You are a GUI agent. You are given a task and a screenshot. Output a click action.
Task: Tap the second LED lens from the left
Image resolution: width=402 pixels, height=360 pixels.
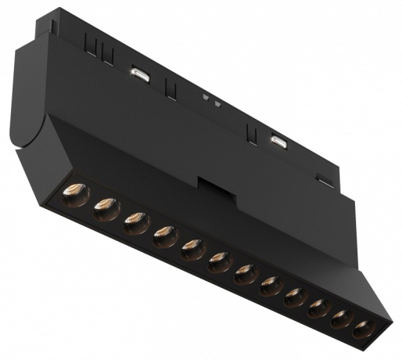106,207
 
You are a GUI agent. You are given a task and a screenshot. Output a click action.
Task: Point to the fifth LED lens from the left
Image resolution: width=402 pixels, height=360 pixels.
191,247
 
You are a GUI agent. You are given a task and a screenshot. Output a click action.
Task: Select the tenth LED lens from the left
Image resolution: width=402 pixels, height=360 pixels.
318,308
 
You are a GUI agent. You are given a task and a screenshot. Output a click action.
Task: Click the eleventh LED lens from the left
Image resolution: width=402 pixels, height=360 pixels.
340,319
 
